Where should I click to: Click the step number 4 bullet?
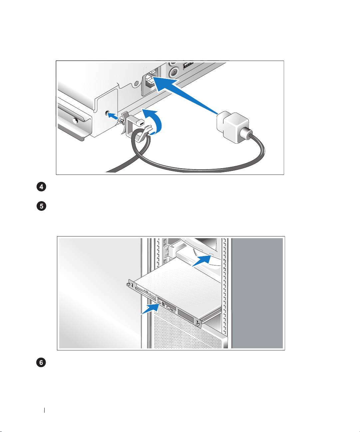coord(41,187)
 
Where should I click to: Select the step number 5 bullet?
coord(41,206)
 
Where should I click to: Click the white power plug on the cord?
coord(233,127)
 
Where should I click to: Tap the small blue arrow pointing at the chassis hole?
coord(113,116)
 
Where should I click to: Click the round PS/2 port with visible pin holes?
coord(174,73)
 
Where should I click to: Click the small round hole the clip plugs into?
coord(107,113)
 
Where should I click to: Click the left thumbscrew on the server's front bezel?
coord(129,284)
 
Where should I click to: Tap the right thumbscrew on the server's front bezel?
coord(198,325)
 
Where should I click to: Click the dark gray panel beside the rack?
coord(257,293)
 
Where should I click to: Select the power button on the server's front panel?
coord(159,301)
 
